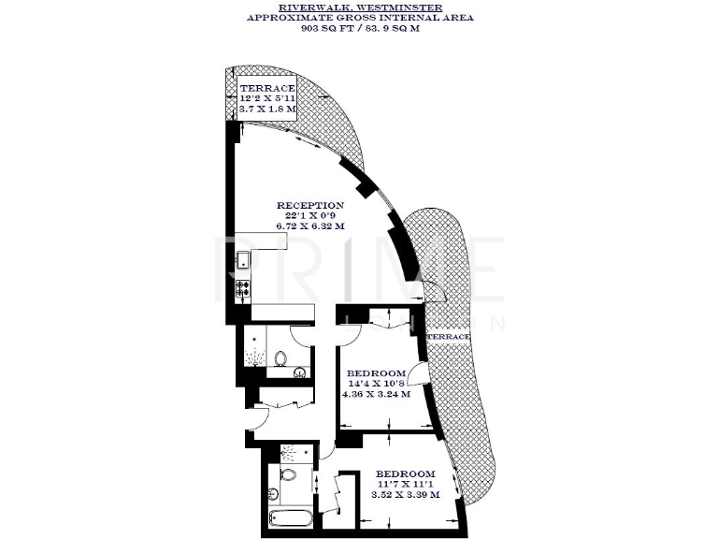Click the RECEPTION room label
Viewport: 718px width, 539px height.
309,205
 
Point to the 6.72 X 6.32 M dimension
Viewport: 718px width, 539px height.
309,226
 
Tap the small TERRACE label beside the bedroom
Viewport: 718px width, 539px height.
450,335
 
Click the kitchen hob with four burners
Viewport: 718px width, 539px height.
243,289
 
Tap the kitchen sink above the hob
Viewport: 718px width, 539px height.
242,262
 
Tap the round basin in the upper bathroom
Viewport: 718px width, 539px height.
298,372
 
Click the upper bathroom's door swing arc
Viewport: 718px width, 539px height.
302,332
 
